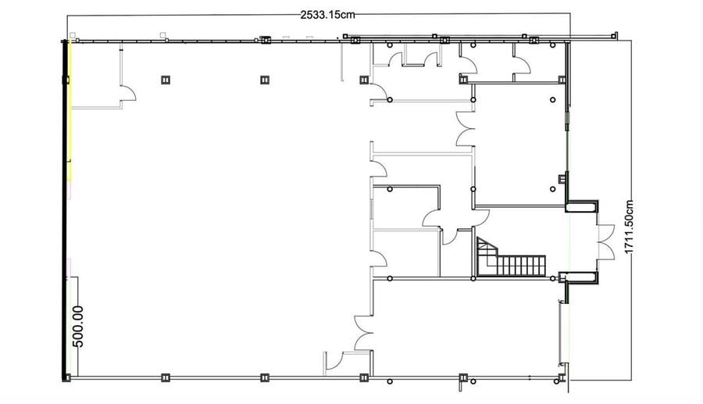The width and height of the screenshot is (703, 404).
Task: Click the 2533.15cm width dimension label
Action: [x=327, y=15]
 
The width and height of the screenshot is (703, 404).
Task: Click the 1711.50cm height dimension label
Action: [x=629, y=227]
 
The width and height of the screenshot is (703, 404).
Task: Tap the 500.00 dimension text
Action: [x=77, y=327]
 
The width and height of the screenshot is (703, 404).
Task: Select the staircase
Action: [x=511, y=257]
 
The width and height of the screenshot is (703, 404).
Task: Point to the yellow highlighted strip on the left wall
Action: [x=70, y=112]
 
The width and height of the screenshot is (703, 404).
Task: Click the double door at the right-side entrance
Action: [x=605, y=241]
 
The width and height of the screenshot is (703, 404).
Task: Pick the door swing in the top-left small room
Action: [x=129, y=94]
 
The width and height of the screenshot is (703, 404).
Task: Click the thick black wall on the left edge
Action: [x=65, y=211]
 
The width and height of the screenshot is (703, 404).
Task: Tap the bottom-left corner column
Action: [x=66, y=378]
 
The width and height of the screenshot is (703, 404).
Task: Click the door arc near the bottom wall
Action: [x=334, y=361]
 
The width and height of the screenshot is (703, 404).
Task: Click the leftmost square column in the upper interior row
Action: [x=166, y=80]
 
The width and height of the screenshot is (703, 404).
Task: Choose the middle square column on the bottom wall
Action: [x=265, y=378]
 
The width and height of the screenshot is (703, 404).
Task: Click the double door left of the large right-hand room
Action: [x=465, y=129]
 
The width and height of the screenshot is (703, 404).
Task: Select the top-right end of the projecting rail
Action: [x=616, y=33]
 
